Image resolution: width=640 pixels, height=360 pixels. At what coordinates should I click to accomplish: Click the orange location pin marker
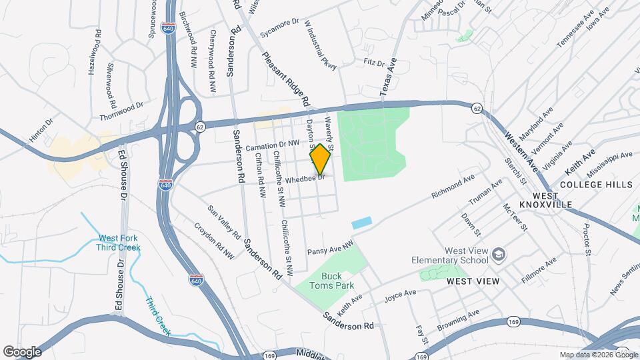321,159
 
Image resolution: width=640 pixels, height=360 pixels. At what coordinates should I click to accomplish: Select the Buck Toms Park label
331,281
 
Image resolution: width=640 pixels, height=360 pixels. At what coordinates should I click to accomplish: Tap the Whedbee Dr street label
304,180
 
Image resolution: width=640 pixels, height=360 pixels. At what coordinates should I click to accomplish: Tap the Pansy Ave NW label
329,249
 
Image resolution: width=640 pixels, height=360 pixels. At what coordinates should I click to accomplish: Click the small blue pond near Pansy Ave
361,223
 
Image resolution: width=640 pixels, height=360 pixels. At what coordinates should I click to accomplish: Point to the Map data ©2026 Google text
598,355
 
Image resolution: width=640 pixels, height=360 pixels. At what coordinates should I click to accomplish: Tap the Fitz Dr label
375,63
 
